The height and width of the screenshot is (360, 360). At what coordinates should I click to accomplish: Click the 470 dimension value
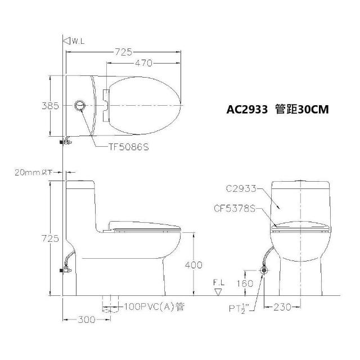(x=143, y=63)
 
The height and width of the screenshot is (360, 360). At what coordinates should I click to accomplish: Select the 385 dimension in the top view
(x=50, y=106)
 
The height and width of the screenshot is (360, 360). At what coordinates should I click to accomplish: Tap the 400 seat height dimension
(x=193, y=265)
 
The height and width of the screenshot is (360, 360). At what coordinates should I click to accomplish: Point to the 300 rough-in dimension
(x=86, y=319)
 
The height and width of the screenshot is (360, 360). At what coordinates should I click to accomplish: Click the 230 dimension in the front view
(x=282, y=307)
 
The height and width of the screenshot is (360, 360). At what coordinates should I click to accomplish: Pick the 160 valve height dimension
(x=245, y=283)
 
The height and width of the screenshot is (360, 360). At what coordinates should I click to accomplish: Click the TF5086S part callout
(x=129, y=147)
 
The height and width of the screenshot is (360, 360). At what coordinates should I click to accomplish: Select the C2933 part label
(x=241, y=188)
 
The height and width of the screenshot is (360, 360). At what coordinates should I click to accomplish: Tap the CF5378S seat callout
(x=235, y=209)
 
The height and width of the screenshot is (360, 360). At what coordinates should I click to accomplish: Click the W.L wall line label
(x=78, y=41)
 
